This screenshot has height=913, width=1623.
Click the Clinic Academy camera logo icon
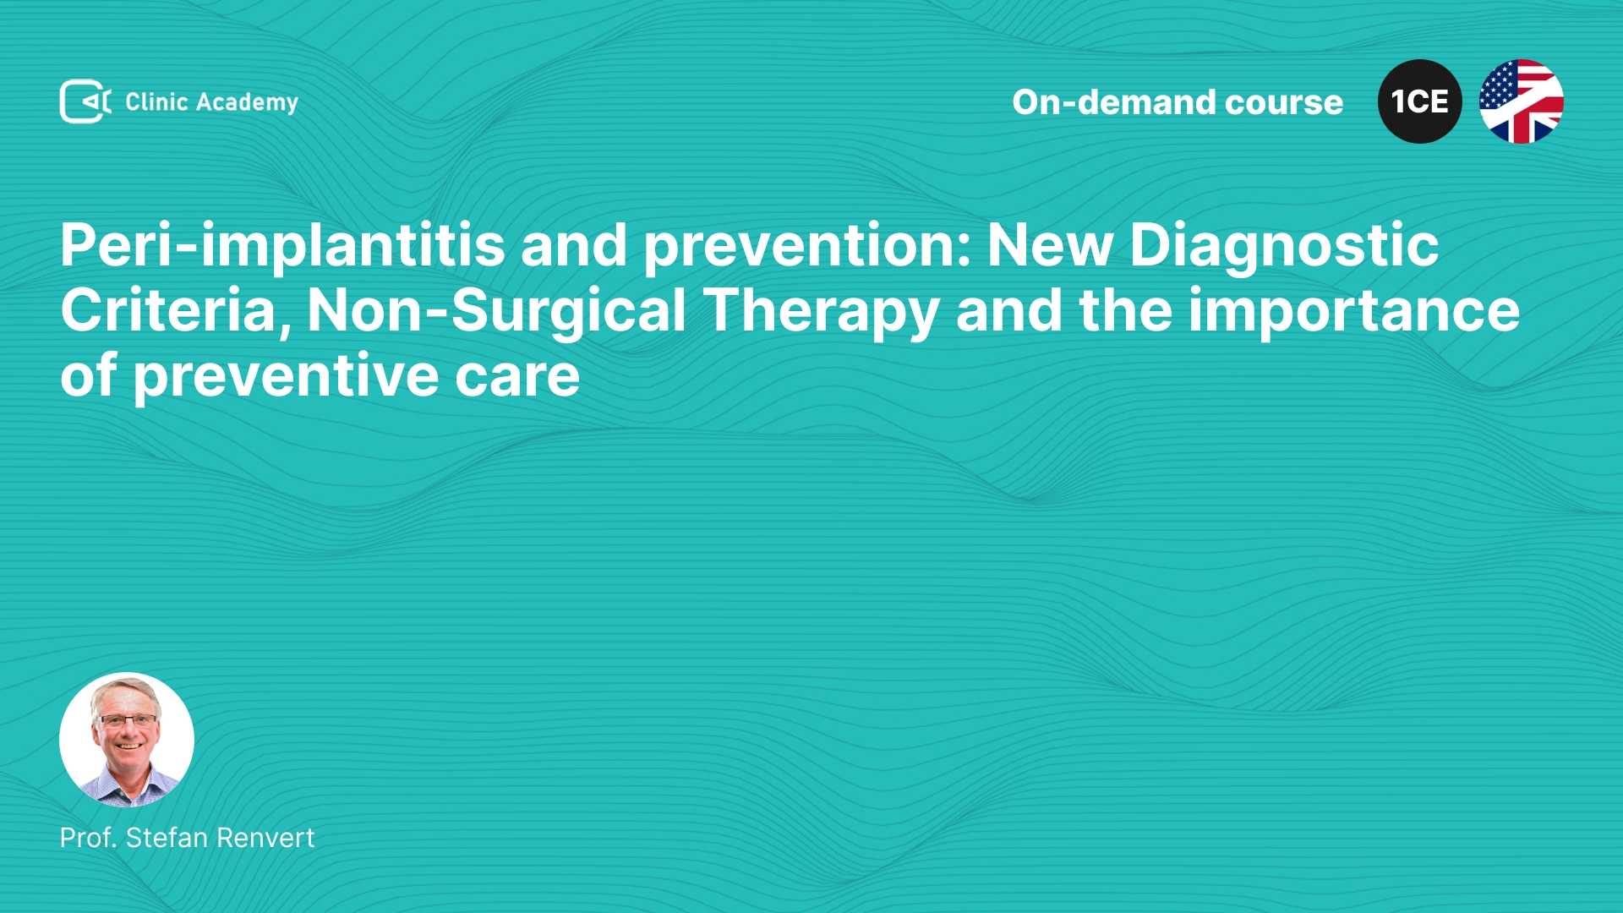85,101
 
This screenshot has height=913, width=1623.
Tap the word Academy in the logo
247,103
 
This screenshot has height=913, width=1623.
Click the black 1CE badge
1419,101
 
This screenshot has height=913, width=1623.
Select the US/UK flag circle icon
1521,101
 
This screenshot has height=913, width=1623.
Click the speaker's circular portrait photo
127,740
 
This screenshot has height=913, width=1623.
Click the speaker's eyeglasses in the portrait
128,721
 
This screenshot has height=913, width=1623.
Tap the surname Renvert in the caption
265,838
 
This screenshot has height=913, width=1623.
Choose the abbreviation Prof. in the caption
88,838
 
